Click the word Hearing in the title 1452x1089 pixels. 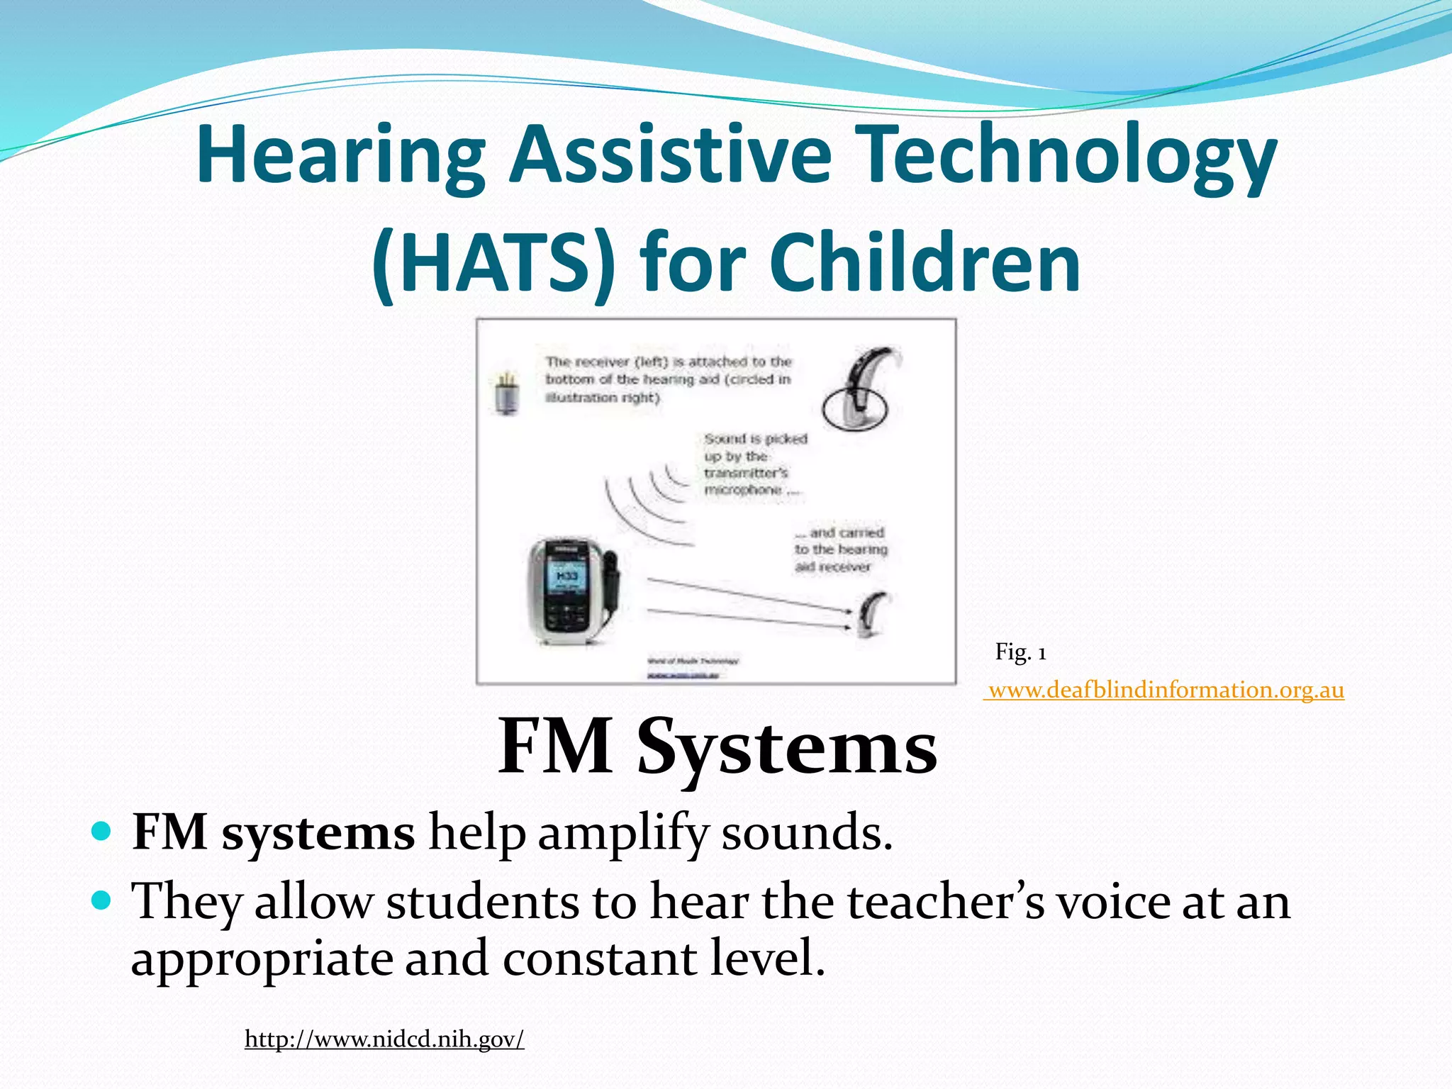340,155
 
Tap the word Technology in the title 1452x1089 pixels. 1069,155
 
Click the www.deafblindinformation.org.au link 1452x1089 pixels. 1166,690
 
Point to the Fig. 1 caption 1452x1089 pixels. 1020,652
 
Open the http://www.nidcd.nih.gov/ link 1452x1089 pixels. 384,1039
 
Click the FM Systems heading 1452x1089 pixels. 717,747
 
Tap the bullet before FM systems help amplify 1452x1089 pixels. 102,831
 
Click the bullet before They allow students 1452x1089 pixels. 102,900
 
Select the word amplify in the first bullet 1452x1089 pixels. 622,834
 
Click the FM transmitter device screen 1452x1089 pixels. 566,579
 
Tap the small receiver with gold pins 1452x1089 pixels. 506,392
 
